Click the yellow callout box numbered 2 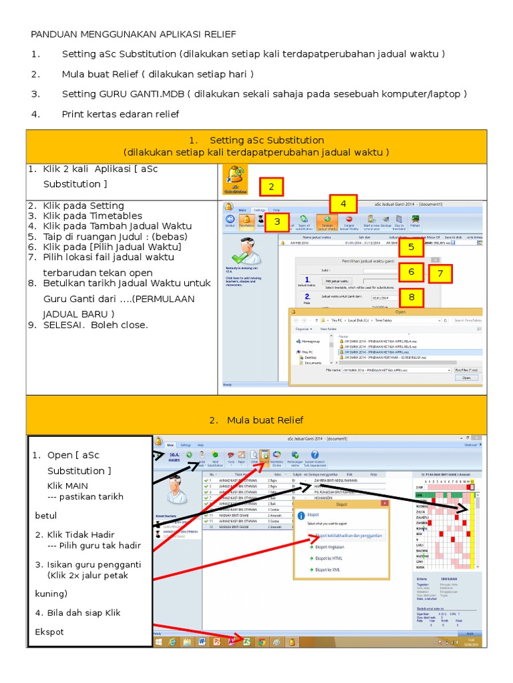click(272, 187)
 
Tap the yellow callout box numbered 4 click(343, 204)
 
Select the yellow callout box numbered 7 click(440, 273)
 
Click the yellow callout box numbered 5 click(411, 247)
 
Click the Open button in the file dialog click(466, 378)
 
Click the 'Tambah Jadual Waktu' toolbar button click(327, 221)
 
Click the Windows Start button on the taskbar click(158, 642)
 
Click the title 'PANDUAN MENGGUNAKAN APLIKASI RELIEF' click(134, 34)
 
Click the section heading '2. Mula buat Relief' click(256, 420)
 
